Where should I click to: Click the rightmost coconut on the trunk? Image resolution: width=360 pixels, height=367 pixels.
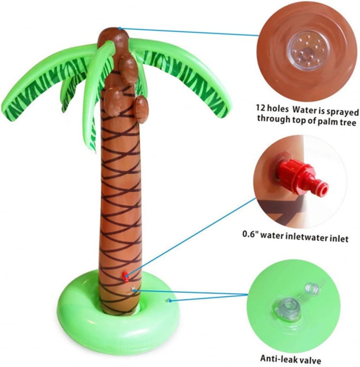(x=141, y=110)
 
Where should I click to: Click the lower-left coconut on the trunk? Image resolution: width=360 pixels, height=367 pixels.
(x=113, y=101)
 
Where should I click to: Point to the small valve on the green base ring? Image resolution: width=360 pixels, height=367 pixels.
(x=169, y=300)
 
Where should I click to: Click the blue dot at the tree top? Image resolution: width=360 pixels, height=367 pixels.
(x=120, y=28)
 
